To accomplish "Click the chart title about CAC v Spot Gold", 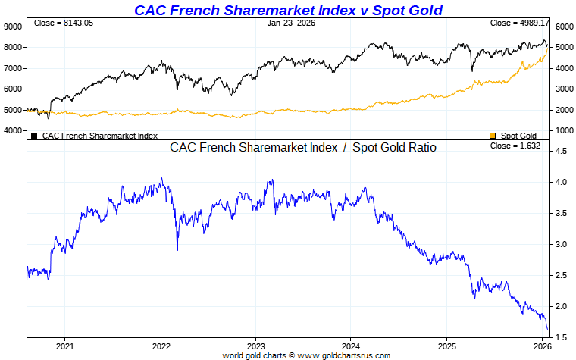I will [x=288, y=10].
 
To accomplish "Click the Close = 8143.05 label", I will [x=64, y=23].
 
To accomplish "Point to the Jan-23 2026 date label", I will [x=291, y=23].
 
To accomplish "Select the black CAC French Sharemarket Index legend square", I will [x=34, y=136].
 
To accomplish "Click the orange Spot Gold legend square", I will [x=493, y=136].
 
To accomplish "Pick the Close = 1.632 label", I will [x=515, y=146].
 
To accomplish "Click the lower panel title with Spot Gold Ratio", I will [x=302, y=148].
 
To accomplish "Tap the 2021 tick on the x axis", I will [x=65, y=346].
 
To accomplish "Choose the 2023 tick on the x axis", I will [x=255, y=346].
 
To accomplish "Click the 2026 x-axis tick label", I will [x=541, y=346].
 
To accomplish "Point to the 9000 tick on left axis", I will [x=14, y=27].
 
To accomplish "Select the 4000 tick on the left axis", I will [x=14, y=130].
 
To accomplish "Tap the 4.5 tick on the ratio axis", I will [x=562, y=152].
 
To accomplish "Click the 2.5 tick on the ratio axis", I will [x=562, y=275].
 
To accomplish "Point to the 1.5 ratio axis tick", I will [x=562, y=337].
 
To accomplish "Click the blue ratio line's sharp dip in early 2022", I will [x=177, y=249].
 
